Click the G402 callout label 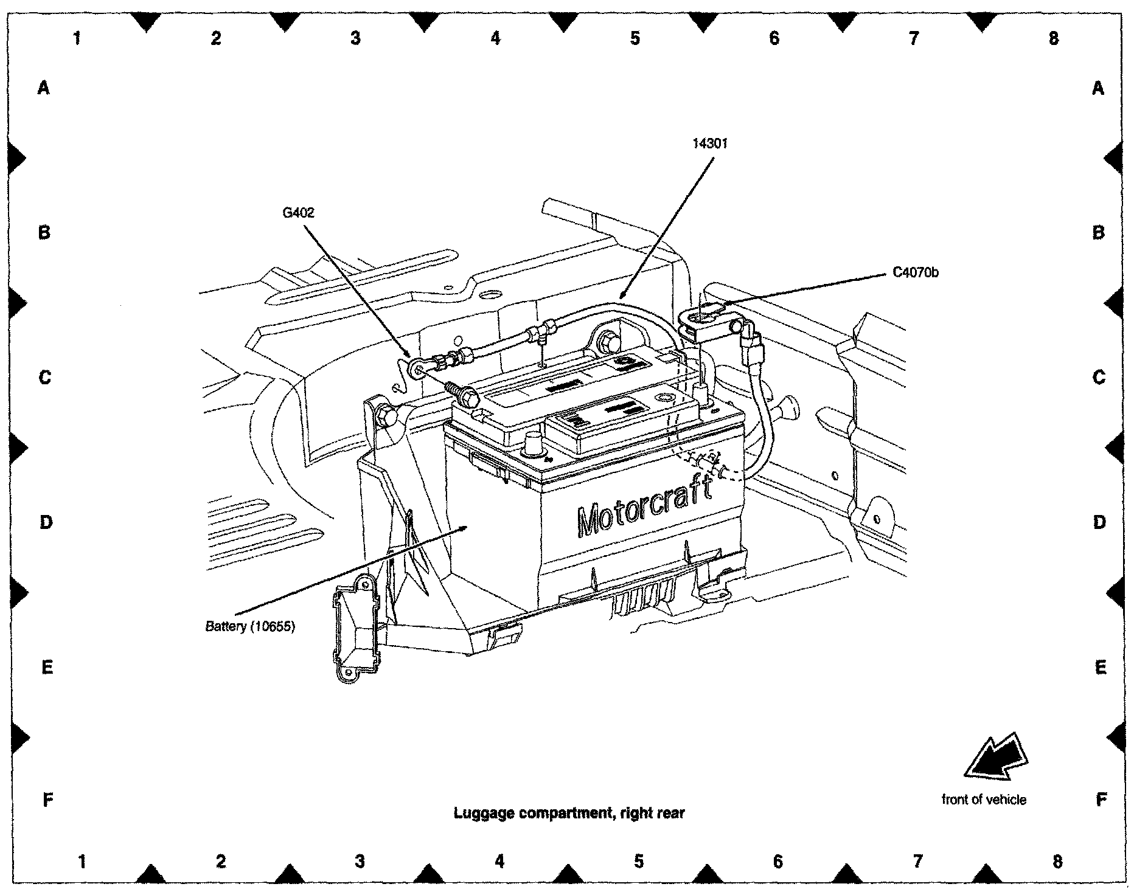click(299, 213)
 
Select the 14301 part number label click(710, 143)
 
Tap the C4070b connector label click(915, 273)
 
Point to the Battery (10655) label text click(249, 626)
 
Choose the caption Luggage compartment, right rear click(569, 813)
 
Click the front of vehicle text click(984, 800)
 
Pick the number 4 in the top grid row click(495, 38)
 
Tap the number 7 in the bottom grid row click(917, 861)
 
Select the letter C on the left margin click(44, 378)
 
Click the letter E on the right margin click(1100, 668)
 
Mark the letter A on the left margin click(43, 89)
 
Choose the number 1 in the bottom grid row click(82, 861)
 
